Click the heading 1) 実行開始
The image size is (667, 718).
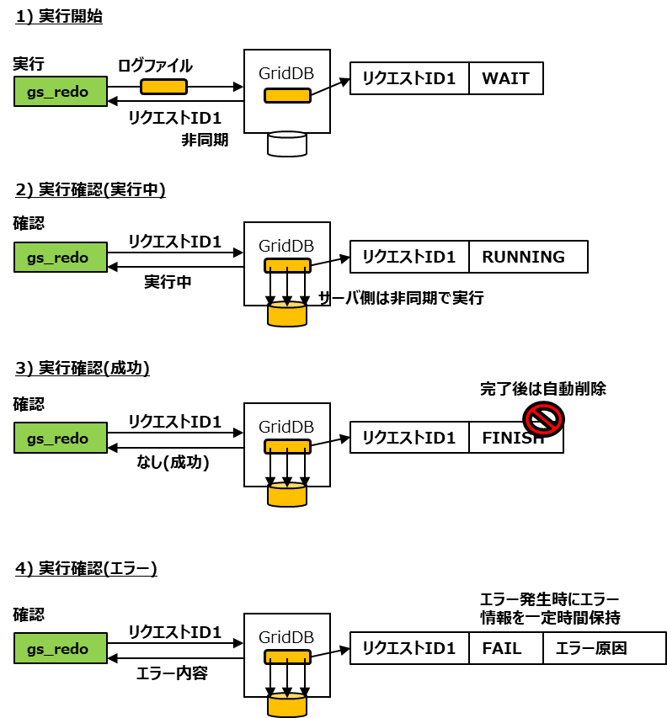[59, 16]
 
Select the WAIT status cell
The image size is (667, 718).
[505, 79]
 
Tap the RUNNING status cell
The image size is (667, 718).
[527, 257]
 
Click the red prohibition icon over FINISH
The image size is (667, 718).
[543, 417]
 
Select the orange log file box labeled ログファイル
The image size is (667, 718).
[163, 87]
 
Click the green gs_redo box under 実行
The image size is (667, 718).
[61, 92]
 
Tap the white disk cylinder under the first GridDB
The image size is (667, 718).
[286, 143]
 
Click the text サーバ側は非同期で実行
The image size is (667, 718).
[400, 298]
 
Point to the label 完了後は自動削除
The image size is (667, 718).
[542, 389]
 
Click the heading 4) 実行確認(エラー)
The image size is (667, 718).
[87, 568]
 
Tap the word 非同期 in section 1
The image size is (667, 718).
[205, 140]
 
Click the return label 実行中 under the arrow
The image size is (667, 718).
[168, 281]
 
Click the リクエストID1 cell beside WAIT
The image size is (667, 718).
[409, 79]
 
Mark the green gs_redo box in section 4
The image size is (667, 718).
[61, 648]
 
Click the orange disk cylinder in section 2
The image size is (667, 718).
[286, 315]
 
